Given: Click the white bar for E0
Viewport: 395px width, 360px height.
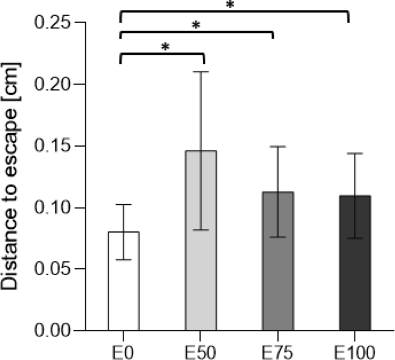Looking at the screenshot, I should coord(123,288).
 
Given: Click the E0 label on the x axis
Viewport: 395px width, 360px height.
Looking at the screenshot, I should coord(123,351).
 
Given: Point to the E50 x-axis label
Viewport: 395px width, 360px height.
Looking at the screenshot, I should coord(201,351).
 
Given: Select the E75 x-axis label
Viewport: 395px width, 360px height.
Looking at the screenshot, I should coord(278,351).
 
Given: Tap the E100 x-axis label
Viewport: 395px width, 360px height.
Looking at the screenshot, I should coord(355,351).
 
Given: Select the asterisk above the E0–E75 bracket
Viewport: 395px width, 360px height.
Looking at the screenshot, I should coord(195,26).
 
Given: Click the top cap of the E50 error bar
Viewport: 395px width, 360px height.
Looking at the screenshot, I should coord(201,72).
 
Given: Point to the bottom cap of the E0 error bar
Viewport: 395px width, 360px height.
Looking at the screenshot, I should coord(123,260).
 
